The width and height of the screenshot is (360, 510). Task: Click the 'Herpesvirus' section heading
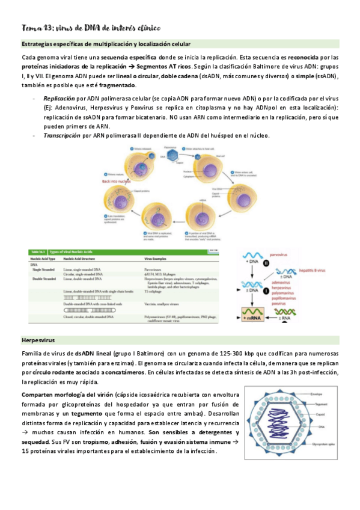click(x=40, y=340)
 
